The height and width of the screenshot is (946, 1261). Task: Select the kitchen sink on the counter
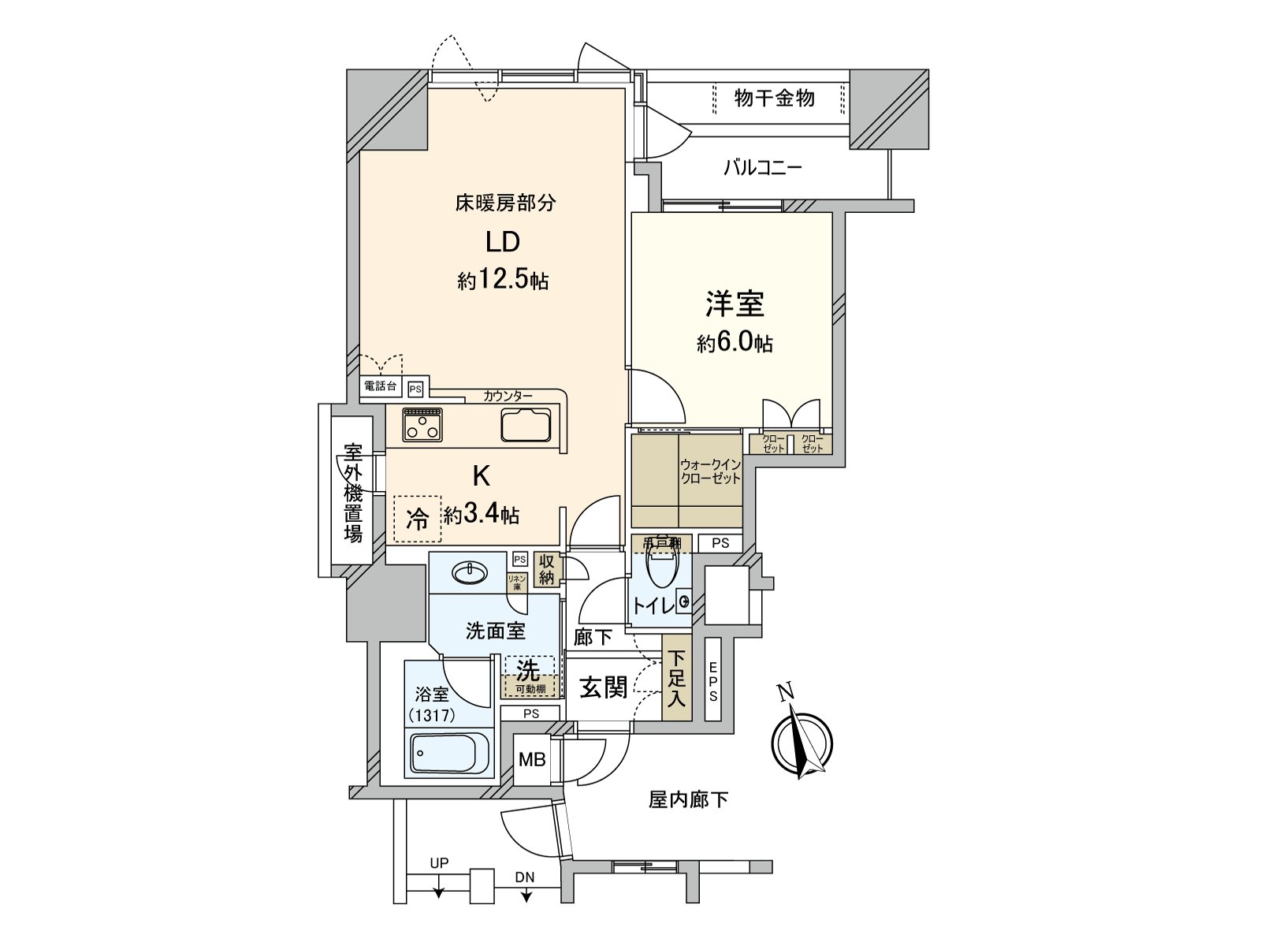[x=526, y=426]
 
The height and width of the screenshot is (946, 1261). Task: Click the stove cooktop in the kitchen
[x=422, y=425]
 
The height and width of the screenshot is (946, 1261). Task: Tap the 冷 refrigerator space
[x=418, y=519]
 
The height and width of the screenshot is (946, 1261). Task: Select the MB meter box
[x=532, y=760]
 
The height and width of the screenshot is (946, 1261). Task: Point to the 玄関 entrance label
[x=604, y=687]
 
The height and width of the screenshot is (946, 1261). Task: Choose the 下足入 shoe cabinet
[x=676, y=678]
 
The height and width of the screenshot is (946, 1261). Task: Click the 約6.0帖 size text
[x=735, y=344]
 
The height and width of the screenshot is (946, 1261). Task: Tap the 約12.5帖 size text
[x=503, y=280]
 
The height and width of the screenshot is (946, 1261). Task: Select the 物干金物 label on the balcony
[x=774, y=99]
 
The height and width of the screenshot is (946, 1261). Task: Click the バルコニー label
[x=762, y=168]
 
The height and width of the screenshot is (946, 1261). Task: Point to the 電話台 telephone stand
[x=381, y=387]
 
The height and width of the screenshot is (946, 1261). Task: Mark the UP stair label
[x=439, y=863]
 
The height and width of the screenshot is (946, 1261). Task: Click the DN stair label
[x=525, y=877]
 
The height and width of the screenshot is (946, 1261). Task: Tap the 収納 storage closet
[x=546, y=569]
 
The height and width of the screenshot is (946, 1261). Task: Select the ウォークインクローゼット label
[x=710, y=471]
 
